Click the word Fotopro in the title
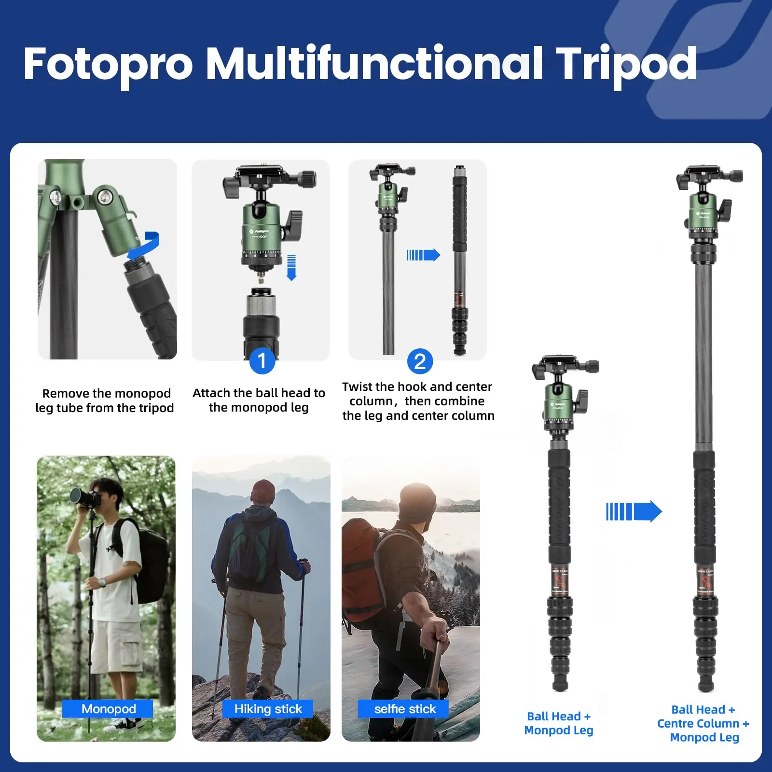pos(108,64)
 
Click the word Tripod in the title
pos(626,64)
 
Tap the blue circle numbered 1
pos(262,361)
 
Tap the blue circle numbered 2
pos(420,361)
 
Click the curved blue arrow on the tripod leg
pos(145,246)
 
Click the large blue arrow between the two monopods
pos(634,511)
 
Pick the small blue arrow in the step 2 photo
pos(423,255)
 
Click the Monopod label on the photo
pos(108,709)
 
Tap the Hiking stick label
pos(268,709)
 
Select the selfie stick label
pos(404,709)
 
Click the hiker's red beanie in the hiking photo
pos(263,491)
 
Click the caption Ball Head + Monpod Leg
pos(558,723)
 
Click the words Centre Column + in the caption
pos(703,723)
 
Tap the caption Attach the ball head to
pos(259,393)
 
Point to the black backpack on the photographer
pos(150,560)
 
